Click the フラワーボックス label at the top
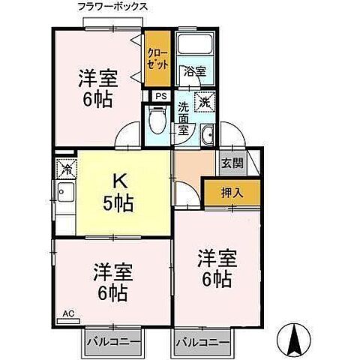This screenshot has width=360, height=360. click(x=112, y=6)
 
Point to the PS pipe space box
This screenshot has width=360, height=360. click(x=159, y=96)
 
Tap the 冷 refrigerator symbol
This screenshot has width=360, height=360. click(x=66, y=167)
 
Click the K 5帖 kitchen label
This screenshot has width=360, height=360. click(x=118, y=191)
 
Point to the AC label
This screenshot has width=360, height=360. click(x=67, y=313)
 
